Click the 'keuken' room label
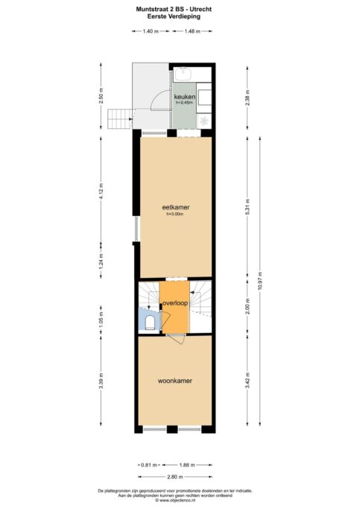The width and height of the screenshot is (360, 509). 184,97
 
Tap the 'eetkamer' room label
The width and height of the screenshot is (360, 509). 174,206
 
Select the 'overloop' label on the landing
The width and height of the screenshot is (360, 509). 174,304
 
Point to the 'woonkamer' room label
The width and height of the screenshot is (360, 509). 175,381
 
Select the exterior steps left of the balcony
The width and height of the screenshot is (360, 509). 119,118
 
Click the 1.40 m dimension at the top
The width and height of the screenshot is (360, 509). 151,31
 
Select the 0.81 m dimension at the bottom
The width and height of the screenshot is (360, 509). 149,465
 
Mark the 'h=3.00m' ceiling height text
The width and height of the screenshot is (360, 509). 174,215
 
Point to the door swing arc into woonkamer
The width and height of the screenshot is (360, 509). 176,339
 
